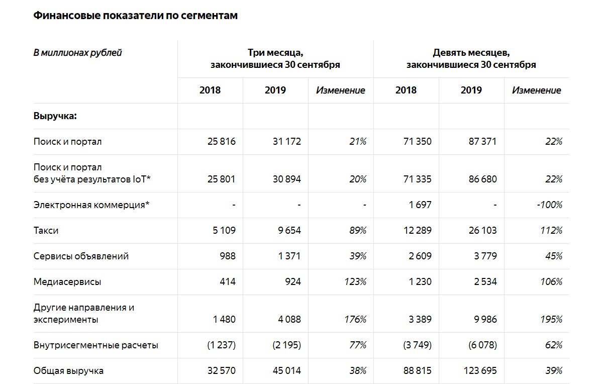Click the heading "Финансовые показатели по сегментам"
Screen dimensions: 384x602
(135, 16)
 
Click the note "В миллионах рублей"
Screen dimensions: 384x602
(77, 52)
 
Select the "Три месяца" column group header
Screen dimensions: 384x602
(275, 58)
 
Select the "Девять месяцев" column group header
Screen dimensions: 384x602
(471, 58)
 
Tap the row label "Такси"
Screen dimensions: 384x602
(46, 231)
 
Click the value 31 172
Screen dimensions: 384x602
(286, 142)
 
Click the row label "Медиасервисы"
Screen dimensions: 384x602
(67, 282)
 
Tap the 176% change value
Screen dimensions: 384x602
(355, 320)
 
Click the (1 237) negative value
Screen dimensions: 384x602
(221, 345)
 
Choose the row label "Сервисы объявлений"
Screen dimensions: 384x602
(81, 256)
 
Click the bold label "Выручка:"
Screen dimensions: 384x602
(55, 116)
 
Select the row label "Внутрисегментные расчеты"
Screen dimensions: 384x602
(96, 345)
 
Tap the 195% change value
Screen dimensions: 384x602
(551, 320)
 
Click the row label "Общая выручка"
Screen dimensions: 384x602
(69, 371)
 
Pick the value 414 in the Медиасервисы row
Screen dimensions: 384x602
(227, 282)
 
